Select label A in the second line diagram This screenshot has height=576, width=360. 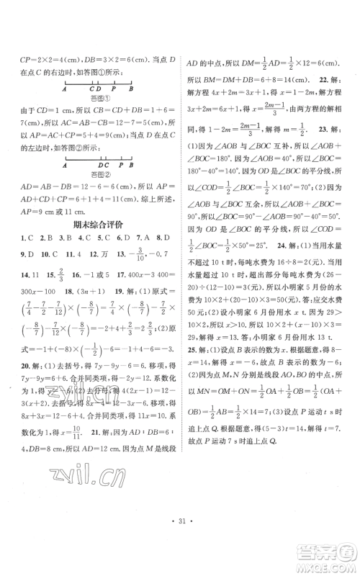tap(66, 163)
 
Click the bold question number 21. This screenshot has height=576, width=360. tap(89, 473)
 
